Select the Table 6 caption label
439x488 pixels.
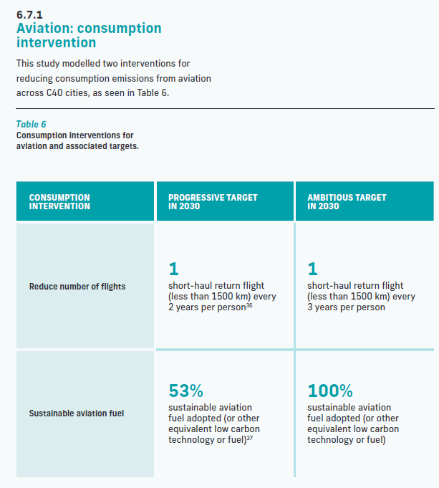[31, 124]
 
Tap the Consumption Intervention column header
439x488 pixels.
[59, 201]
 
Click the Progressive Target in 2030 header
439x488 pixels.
[213, 201]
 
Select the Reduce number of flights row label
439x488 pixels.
[77, 287]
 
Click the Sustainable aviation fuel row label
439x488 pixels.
[77, 413]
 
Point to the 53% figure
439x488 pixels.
[186, 391]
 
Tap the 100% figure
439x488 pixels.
[330, 391]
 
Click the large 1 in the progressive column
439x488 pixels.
[173, 269]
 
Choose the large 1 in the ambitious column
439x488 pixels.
[312, 269]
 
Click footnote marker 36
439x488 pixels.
[249, 305]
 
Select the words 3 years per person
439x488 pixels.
[346, 307]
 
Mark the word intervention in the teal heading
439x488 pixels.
[56, 43]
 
